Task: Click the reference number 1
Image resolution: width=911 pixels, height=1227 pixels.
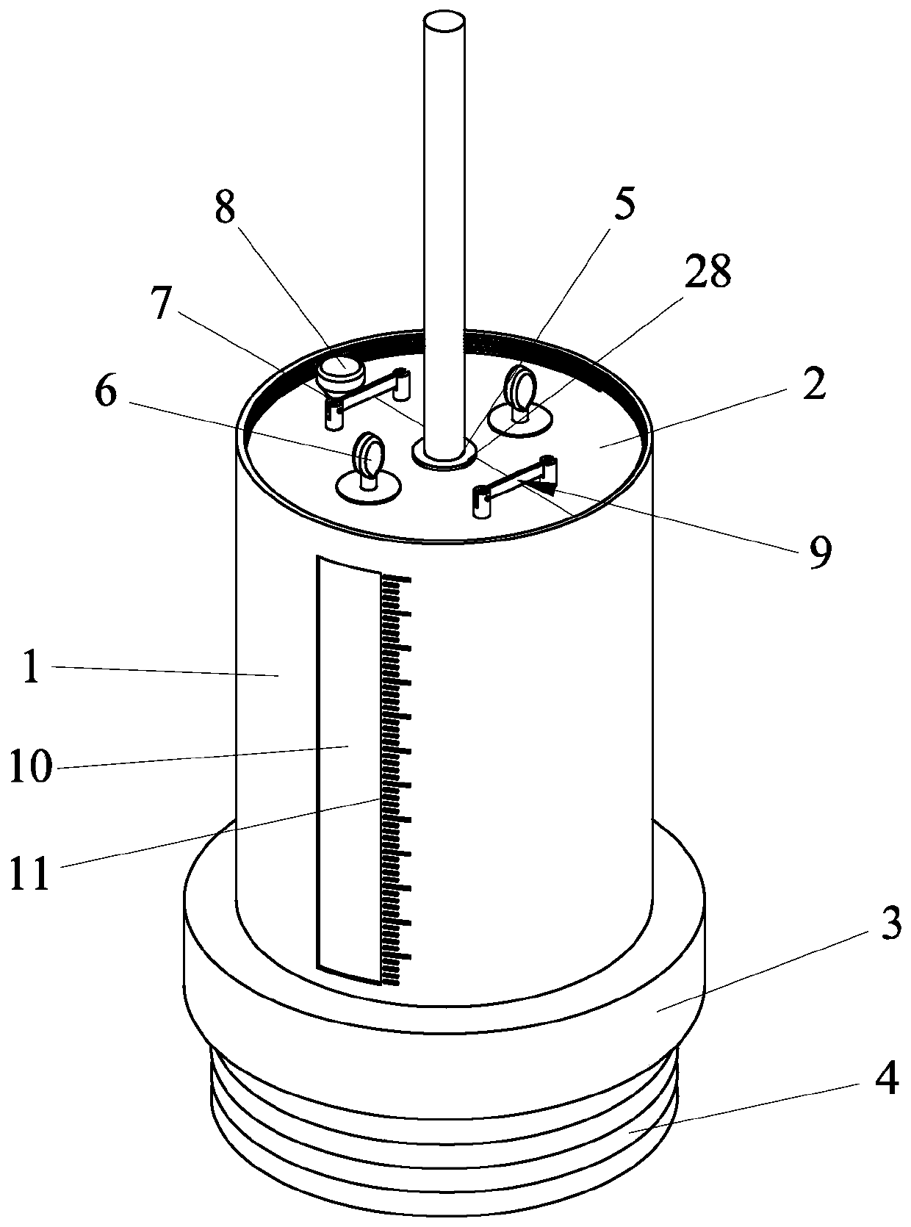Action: (x=31, y=670)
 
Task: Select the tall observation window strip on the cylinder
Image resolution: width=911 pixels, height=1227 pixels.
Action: (x=348, y=768)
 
